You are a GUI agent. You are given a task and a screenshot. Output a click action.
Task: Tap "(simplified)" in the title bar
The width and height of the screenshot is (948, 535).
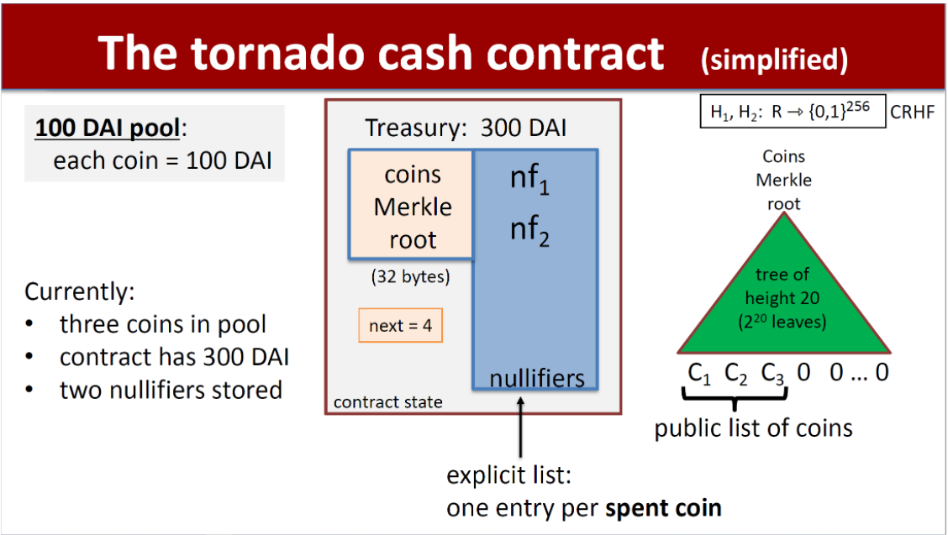(x=774, y=59)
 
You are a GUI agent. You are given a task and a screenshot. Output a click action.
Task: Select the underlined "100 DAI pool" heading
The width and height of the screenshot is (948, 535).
(x=106, y=129)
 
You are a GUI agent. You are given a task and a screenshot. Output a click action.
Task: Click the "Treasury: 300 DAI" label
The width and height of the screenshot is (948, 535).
(x=466, y=128)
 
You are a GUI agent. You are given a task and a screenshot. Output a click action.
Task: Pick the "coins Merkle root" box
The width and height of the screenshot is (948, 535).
(x=412, y=207)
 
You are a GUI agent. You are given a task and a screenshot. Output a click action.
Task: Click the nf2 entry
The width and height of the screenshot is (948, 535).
(x=529, y=228)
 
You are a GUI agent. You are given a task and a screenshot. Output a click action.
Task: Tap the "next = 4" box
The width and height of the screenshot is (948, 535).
(x=400, y=326)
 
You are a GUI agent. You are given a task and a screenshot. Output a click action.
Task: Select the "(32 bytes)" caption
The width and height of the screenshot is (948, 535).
(x=410, y=276)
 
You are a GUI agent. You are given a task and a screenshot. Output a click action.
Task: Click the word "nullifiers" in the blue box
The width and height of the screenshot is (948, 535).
(x=537, y=378)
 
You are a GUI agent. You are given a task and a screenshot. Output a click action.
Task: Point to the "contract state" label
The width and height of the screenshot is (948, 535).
(x=387, y=402)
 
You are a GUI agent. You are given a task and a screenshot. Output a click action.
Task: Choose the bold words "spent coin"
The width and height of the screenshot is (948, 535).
(x=663, y=508)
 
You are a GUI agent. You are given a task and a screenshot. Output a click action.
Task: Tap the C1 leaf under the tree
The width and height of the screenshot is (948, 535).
(x=699, y=373)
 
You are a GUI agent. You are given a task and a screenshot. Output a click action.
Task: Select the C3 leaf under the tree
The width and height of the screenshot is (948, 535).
(x=772, y=373)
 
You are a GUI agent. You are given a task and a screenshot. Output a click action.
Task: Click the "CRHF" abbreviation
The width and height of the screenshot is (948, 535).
(x=912, y=113)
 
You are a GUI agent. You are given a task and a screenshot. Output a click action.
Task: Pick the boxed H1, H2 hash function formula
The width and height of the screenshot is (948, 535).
(x=793, y=112)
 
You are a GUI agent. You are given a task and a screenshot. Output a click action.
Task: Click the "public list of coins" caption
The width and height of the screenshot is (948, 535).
(x=753, y=428)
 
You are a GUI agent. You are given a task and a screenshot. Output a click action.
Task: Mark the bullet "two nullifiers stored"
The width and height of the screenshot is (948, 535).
(x=170, y=390)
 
